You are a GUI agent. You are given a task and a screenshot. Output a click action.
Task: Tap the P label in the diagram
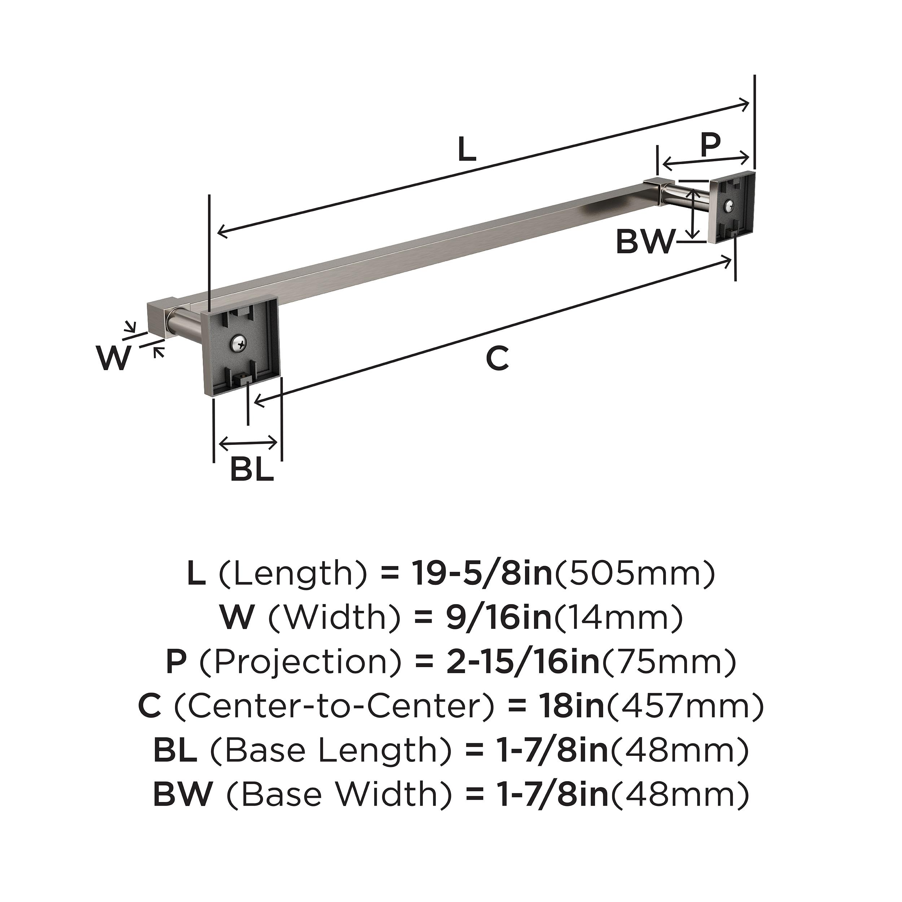710,145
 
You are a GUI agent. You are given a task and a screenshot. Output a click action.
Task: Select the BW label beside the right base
646,242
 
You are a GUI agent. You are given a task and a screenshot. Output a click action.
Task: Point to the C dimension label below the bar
497,359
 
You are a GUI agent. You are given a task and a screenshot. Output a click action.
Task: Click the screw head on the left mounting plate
237,345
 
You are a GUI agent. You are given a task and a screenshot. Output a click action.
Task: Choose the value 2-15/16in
522,662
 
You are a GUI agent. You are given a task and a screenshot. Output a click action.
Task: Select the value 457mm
685,707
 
